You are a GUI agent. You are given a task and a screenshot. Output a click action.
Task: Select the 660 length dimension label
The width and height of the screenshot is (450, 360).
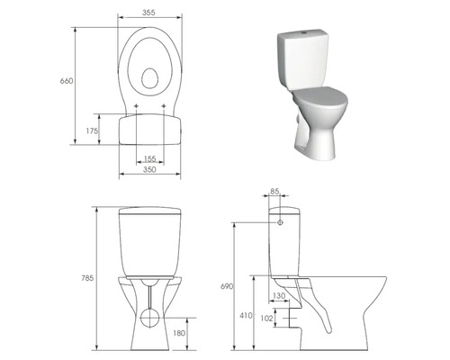66,81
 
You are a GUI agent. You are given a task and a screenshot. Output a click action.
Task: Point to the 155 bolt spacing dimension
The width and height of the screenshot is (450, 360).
150,158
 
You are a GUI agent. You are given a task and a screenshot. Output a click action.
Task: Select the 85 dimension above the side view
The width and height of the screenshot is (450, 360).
274,192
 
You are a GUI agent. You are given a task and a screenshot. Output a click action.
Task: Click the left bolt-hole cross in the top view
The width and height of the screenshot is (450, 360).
136,107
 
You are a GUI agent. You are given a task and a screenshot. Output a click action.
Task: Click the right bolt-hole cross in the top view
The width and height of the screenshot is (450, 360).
164,107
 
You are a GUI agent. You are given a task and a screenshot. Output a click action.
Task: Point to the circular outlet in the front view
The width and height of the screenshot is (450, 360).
149,318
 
